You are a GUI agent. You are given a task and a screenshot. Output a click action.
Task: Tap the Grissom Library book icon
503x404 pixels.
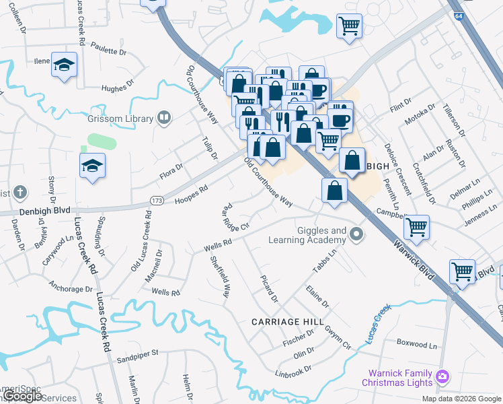coord(163,119)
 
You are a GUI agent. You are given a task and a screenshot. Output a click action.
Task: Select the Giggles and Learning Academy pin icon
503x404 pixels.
coord(357,235)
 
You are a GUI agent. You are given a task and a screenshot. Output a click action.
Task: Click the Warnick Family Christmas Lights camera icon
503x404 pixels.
coord(442,376)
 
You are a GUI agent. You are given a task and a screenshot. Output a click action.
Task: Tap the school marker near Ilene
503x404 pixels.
coord(65,65)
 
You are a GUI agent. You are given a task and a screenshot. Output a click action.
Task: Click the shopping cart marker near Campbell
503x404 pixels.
coord(417,227)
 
